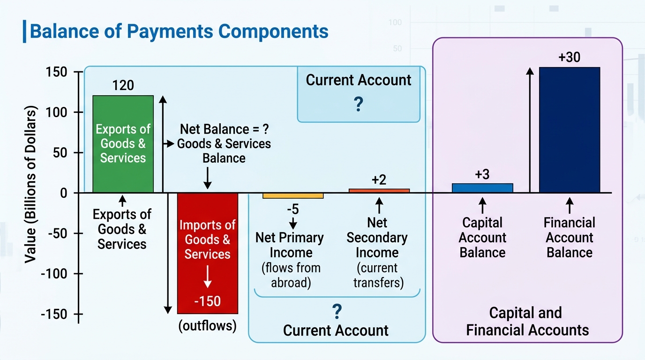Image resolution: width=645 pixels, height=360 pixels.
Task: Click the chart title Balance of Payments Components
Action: [x=179, y=31]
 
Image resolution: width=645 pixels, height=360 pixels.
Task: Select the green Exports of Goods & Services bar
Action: [x=123, y=144]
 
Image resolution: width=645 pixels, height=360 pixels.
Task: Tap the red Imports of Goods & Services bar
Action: [x=208, y=253]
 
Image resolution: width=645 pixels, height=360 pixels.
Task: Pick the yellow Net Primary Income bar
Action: [x=293, y=196]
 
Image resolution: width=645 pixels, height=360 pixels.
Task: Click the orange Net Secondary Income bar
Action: [x=379, y=191]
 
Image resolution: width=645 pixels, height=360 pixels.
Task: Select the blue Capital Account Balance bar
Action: [x=482, y=188]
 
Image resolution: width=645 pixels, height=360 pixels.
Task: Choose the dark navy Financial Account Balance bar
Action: [x=570, y=130]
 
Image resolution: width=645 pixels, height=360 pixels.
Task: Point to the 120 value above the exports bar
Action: [x=123, y=85]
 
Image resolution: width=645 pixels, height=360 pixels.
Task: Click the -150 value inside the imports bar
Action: [x=207, y=301]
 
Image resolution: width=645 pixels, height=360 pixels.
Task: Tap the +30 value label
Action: [x=569, y=57]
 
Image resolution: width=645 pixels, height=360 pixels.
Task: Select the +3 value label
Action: [x=482, y=174]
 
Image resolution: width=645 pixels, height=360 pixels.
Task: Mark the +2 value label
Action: [x=379, y=180]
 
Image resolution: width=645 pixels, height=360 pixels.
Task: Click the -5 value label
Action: [x=293, y=209]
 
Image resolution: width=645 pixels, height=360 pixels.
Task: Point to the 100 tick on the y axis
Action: [x=56, y=112]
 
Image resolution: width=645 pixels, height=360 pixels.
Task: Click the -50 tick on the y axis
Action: [x=58, y=233]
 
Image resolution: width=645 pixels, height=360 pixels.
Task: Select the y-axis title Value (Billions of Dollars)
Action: [x=30, y=184]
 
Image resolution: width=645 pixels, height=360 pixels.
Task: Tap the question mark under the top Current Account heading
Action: [x=358, y=104]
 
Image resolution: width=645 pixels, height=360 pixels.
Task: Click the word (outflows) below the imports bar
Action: [x=207, y=326]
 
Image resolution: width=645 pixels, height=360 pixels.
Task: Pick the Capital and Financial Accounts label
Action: [x=527, y=321]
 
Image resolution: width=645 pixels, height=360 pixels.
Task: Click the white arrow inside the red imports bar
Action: [x=207, y=277]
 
